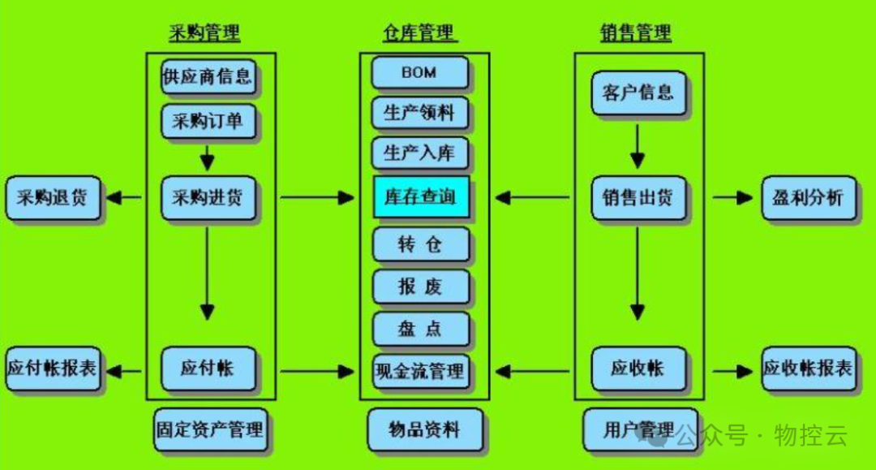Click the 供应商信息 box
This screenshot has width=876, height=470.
[207, 77]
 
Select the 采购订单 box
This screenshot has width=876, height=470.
[207, 122]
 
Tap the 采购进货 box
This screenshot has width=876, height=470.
[207, 197]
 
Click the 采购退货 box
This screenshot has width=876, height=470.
[53, 197]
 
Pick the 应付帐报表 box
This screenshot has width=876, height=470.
[53, 369]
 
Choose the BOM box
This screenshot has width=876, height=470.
[419, 72]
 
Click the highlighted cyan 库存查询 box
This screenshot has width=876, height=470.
[420, 196]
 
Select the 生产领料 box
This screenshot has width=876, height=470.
[420, 112]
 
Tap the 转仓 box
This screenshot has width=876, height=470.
[420, 244]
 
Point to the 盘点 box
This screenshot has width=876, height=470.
[420, 328]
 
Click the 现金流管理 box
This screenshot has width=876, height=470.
[420, 371]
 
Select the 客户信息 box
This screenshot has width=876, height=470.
[638, 92]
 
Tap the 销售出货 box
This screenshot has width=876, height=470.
[638, 197]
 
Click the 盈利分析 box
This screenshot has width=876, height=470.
[808, 197]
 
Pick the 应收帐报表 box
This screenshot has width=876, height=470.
[808, 369]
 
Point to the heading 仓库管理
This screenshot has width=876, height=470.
[420, 33]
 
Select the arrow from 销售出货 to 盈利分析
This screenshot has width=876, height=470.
[732, 197]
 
